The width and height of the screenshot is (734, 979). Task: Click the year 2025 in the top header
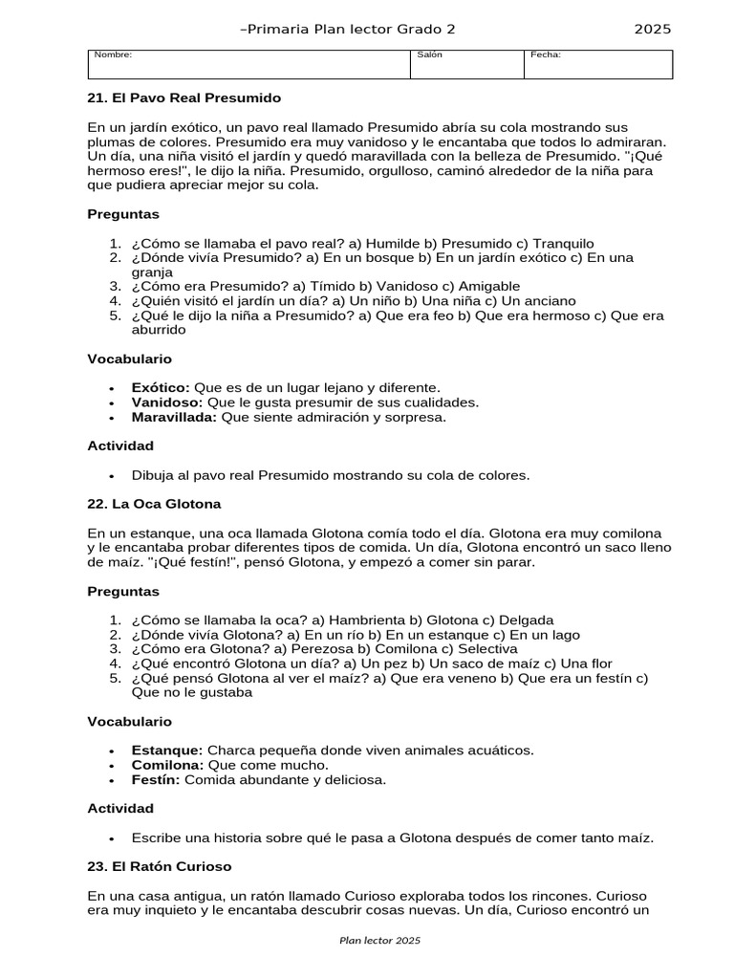coord(653,29)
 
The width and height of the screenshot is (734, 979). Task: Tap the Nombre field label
coord(113,54)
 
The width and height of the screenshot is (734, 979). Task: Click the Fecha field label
coord(546,54)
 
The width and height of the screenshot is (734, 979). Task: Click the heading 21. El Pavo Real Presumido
coord(184,98)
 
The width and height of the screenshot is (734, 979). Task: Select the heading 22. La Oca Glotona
coord(154,503)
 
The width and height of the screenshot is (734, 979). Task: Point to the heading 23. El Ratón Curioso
coord(160,866)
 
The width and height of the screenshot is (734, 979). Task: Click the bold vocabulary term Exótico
coord(161,387)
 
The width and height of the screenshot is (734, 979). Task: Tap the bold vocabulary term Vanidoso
coord(167,402)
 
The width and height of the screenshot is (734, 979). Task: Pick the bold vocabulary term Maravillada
coord(175,417)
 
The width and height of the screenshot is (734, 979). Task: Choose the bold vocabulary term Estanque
coord(167,751)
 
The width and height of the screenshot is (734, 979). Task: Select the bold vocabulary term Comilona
coord(167,765)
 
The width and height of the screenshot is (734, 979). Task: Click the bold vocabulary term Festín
coord(156,780)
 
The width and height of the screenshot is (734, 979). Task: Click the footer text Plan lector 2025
coord(379,941)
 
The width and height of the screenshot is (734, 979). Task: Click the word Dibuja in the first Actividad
coord(153,475)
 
